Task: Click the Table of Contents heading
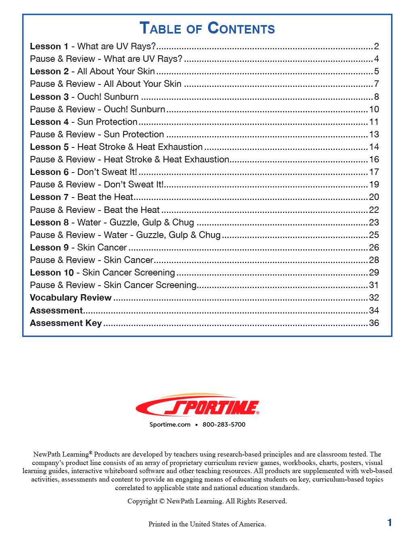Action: click(207, 28)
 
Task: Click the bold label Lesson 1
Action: click(49, 46)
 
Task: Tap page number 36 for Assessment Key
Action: click(374, 323)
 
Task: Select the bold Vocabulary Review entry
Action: click(71, 298)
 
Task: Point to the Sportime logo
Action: click(198, 406)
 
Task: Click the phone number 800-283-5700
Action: click(224, 425)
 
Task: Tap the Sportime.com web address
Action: click(170, 425)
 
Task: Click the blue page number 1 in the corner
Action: click(389, 523)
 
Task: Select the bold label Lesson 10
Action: click(52, 273)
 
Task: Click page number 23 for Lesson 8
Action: click(374, 223)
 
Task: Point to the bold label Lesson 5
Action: click(49, 147)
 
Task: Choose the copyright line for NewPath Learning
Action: click(207, 501)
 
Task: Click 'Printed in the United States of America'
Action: click(207, 524)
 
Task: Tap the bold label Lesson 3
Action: click(49, 97)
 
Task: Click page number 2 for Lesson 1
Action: click(376, 46)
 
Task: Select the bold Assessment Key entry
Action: click(66, 323)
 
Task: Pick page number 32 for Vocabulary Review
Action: click(374, 298)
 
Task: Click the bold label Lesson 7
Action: click(49, 197)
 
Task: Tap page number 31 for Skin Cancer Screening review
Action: click(374, 285)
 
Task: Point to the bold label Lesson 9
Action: click(49, 248)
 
